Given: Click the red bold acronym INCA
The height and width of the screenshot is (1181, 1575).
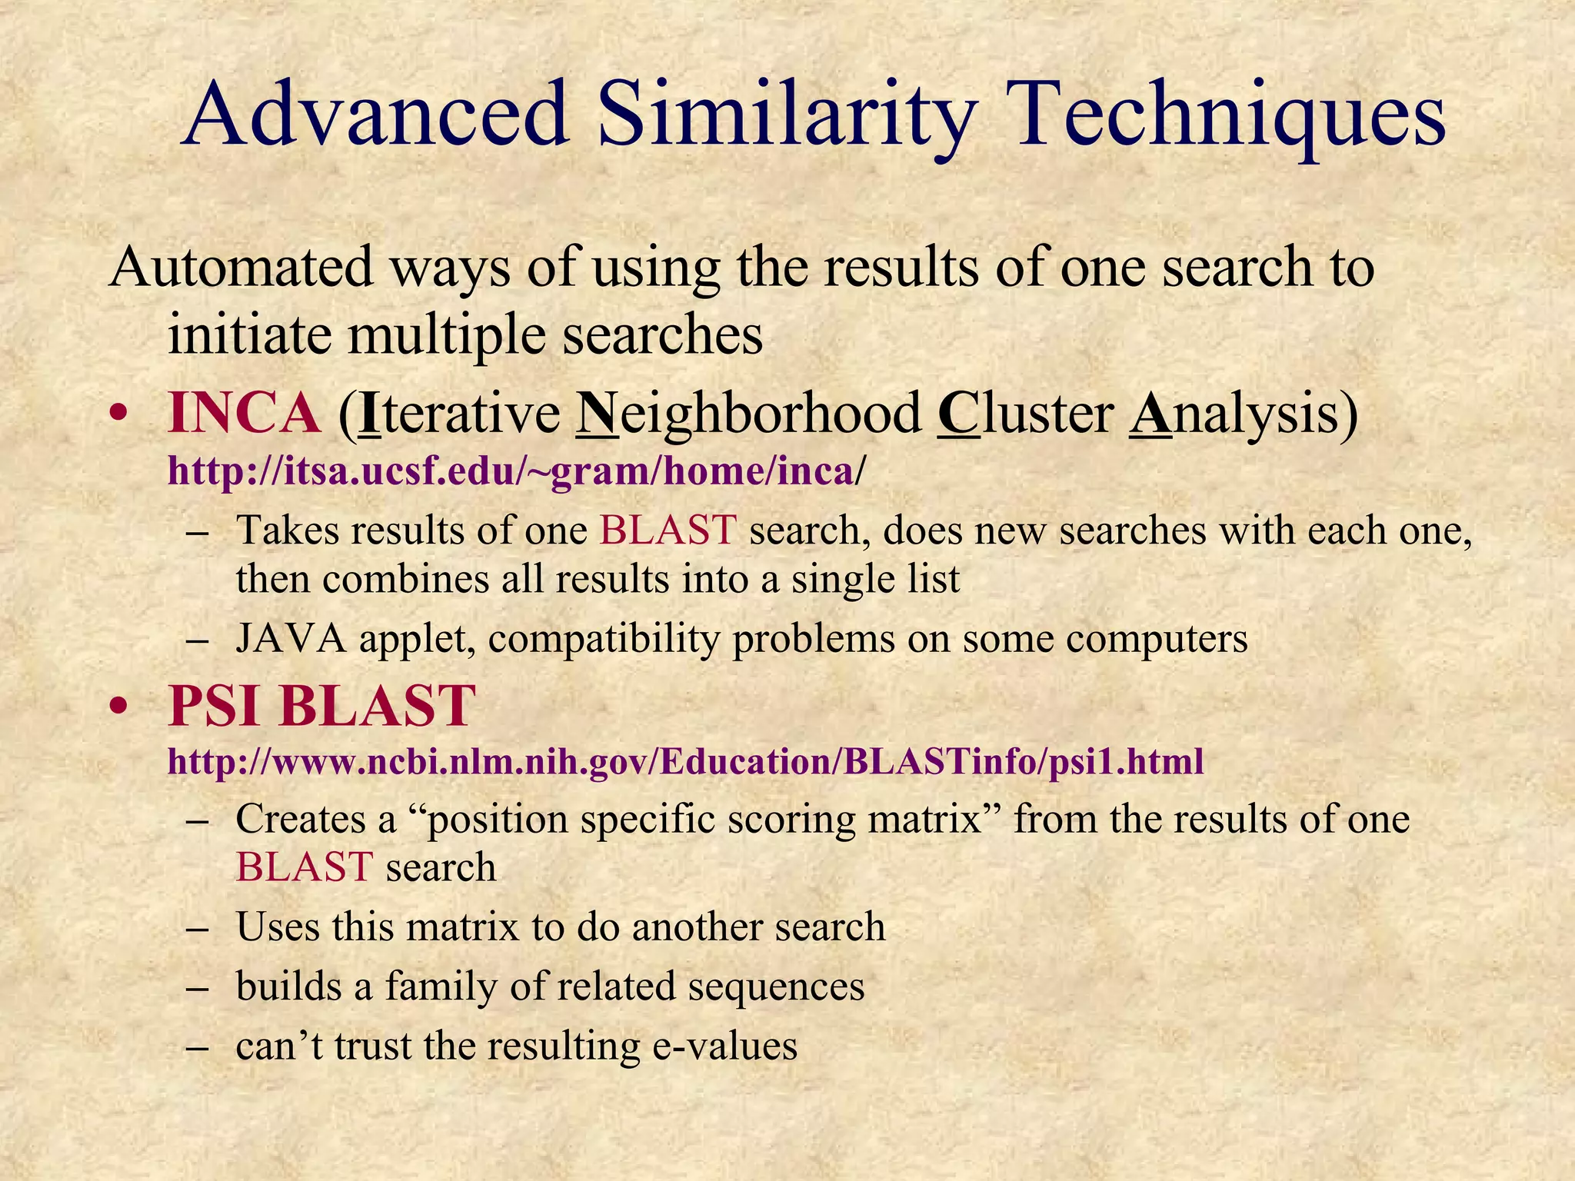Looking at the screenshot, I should (x=244, y=413).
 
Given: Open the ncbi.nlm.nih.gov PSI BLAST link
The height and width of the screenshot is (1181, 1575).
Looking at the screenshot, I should (x=685, y=761).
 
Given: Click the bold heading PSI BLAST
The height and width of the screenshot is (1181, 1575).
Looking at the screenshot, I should (x=321, y=705).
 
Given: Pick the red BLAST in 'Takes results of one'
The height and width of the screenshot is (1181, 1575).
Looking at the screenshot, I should (x=668, y=531).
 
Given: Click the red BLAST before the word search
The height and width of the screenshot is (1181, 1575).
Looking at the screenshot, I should (x=305, y=867).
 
